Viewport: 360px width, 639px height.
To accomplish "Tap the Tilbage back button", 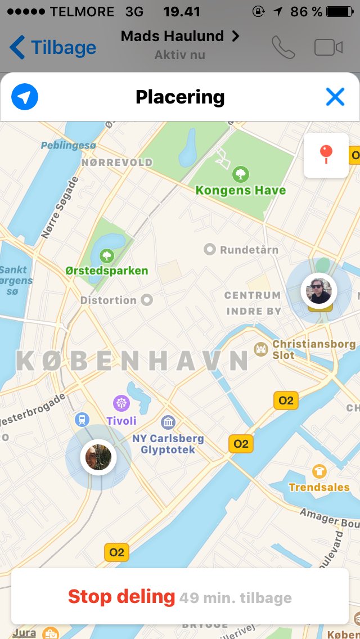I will click(x=53, y=47).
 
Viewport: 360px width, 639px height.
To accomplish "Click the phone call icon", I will click(x=283, y=47).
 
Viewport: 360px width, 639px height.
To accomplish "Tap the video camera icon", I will click(x=328, y=47).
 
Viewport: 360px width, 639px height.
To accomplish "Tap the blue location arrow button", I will click(x=25, y=97).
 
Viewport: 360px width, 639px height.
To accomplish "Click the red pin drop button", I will click(x=326, y=155).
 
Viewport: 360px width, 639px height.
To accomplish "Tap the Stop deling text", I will click(x=121, y=596).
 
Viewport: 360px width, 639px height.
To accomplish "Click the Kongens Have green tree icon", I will click(x=241, y=173).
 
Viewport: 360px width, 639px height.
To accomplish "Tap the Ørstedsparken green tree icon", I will click(x=106, y=256).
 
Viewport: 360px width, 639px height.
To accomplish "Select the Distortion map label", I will click(x=109, y=300).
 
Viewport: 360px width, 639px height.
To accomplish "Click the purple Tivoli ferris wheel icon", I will click(x=121, y=403).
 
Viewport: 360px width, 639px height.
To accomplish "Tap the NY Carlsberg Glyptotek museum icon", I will click(x=168, y=422).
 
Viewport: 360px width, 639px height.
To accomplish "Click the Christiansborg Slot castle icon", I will click(x=260, y=349).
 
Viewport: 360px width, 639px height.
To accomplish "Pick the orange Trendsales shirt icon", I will click(x=319, y=471).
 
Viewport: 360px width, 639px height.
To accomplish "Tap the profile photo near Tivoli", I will click(x=98, y=457).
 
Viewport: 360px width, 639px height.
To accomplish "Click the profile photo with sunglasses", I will click(x=319, y=290).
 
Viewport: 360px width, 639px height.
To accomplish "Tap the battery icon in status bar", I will click(x=340, y=12).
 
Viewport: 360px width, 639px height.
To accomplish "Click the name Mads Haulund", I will click(x=173, y=37).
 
